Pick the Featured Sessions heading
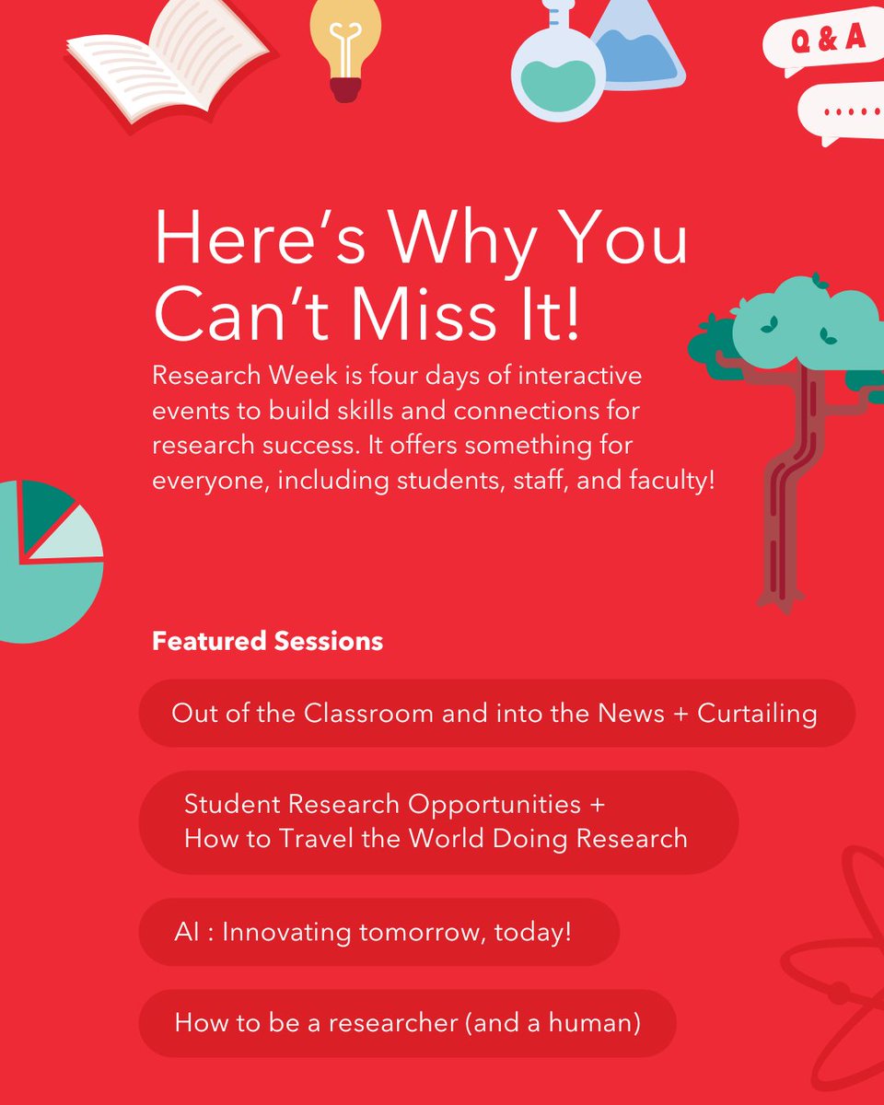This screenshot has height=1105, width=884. tap(267, 641)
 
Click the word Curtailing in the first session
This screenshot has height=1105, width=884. tap(757, 714)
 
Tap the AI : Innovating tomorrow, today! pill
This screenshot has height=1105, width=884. tap(378, 932)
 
